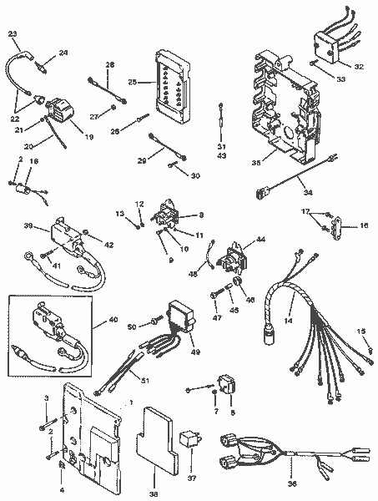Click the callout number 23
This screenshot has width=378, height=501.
[12, 33]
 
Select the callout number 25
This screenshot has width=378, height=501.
[132, 82]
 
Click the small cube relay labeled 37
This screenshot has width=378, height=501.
[190, 440]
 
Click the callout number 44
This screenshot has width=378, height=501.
[262, 240]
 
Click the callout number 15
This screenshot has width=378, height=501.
[362, 332]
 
